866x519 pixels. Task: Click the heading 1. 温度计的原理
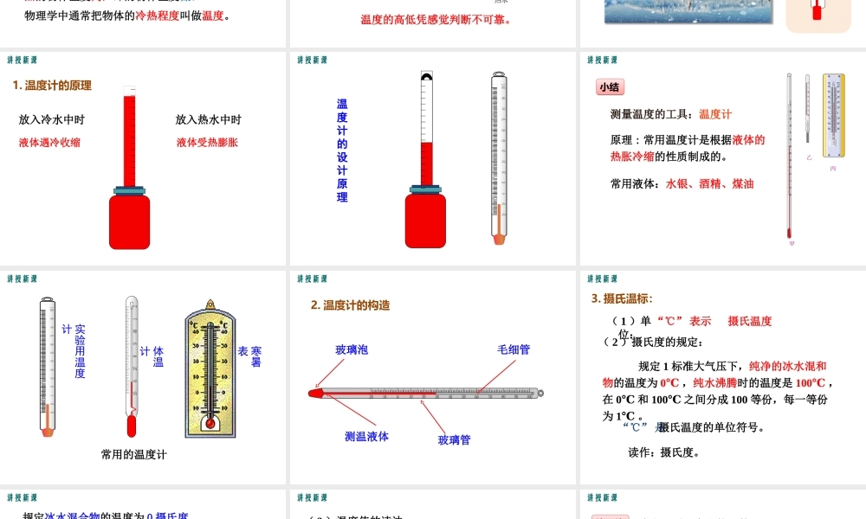[x=52, y=86]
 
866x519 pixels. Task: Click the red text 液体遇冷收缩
[x=49, y=143]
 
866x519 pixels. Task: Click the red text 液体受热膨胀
[x=207, y=143]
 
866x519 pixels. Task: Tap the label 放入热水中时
[x=208, y=120]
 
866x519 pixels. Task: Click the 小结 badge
[x=611, y=87]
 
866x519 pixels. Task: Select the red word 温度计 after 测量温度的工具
[x=715, y=114]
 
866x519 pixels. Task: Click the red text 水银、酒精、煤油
[x=709, y=184]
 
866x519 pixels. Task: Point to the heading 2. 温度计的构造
[x=351, y=305]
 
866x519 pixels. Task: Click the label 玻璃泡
[x=352, y=349]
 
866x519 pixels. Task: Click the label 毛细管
[x=514, y=349]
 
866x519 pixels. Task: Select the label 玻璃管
[x=454, y=440]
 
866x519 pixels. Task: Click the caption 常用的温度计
[x=133, y=454]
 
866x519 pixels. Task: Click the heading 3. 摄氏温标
[x=622, y=298]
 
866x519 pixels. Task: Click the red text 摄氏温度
[x=749, y=321]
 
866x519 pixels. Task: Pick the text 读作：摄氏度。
[x=664, y=452]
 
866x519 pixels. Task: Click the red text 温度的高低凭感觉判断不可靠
[x=436, y=19]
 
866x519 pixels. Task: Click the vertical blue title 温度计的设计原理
[x=342, y=151]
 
